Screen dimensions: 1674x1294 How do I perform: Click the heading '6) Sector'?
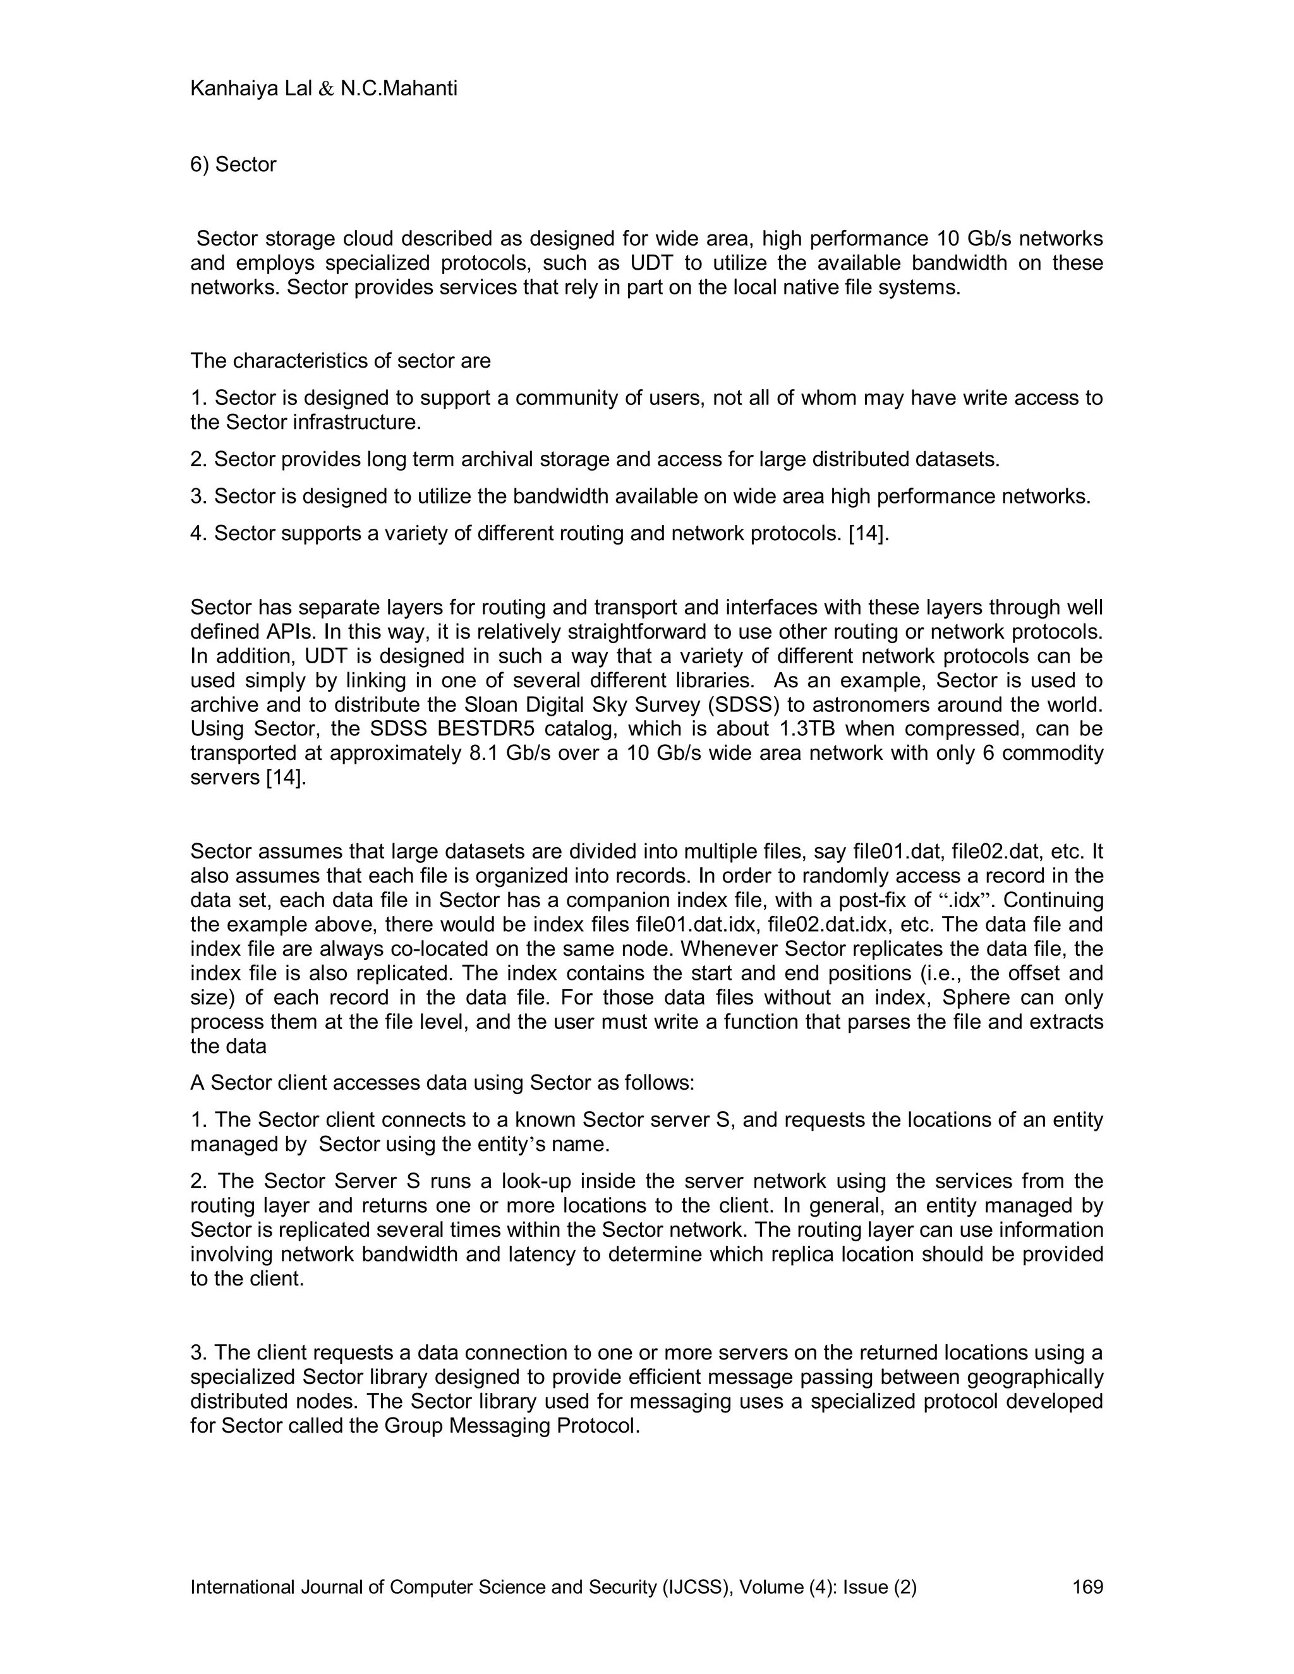[x=233, y=165]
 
